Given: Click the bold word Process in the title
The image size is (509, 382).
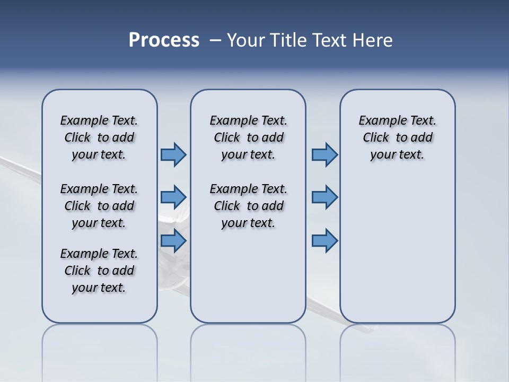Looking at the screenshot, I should tap(164, 40).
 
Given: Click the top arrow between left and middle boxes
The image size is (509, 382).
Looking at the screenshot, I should tap(173, 154).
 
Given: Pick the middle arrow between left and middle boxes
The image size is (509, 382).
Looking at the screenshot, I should tap(173, 197).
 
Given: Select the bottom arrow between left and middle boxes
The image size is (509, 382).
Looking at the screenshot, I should tap(173, 241).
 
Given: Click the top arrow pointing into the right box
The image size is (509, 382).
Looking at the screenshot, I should tap(324, 154).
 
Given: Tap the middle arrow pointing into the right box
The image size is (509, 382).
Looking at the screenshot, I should tap(324, 197).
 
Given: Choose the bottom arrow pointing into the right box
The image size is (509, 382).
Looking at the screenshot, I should tap(324, 241).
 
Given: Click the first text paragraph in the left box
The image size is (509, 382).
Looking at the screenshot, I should tap(99, 137).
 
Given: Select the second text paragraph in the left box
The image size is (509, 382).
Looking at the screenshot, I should tap(99, 206).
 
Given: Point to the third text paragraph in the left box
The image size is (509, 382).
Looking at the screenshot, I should tap(99, 271).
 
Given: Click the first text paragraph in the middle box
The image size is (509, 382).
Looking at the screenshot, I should tap(248, 137).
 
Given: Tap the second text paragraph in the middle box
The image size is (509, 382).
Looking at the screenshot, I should tap(248, 206).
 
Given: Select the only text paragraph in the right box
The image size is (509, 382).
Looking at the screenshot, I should tap(398, 137).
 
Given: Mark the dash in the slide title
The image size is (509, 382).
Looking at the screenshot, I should tap(215, 40).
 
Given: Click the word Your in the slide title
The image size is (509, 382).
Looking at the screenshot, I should tap(246, 40).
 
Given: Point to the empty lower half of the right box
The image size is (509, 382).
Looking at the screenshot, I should tap(398, 255).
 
